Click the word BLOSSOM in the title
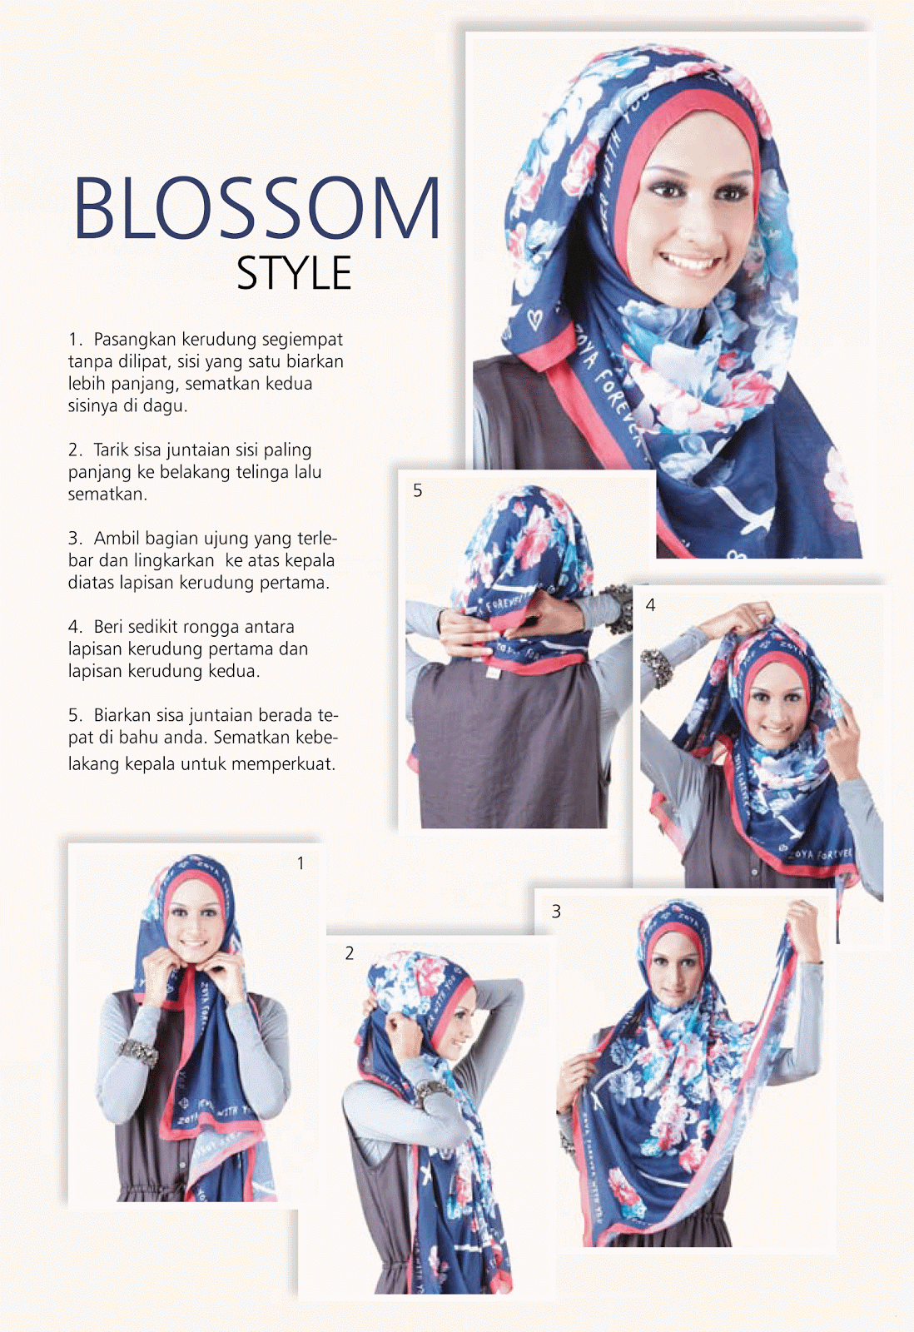[256, 207]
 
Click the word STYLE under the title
[294, 274]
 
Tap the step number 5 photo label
[417, 490]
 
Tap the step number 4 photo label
[651, 605]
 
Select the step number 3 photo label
[556, 912]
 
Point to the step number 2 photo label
[349, 954]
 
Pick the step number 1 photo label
[301, 863]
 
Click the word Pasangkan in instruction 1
[135, 340]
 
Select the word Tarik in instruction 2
[113, 450]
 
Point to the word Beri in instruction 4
[108, 627]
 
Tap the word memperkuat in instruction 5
[283, 764]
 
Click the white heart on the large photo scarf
[534, 320]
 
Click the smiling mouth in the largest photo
[691, 261]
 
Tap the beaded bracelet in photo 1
[138, 1053]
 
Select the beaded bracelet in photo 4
[656, 667]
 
